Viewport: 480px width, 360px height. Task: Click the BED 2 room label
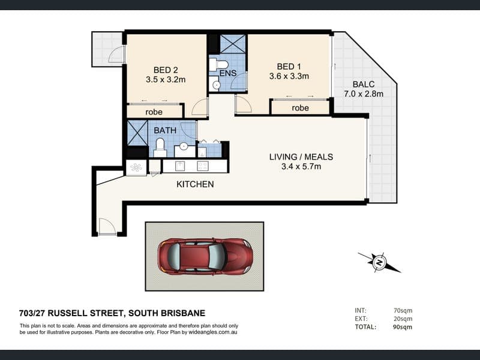click(166, 70)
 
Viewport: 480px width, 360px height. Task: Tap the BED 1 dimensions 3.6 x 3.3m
click(289, 76)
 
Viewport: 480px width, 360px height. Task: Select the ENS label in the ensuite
click(228, 73)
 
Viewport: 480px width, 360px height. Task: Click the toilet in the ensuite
click(218, 65)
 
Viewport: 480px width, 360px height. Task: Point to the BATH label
click(165, 130)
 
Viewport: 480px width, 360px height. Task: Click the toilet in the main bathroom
click(160, 148)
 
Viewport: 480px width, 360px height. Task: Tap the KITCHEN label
click(195, 184)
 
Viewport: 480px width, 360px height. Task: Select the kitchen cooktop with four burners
click(202, 166)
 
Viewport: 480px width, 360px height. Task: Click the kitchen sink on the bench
click(179, 166)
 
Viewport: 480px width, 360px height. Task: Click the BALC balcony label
click(364, 84)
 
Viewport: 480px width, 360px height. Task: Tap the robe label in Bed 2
click(154, 112)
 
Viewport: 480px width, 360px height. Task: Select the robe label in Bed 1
click(301, 108)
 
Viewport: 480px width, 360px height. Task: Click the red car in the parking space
click(205, 256)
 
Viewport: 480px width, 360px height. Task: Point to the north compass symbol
click(380, 262)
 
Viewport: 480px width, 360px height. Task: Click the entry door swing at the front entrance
click(106, 226)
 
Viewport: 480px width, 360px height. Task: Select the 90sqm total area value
click(403, 327)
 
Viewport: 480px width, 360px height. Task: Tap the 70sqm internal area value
click(403, 310)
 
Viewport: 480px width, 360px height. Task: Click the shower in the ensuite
click(233, 44)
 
